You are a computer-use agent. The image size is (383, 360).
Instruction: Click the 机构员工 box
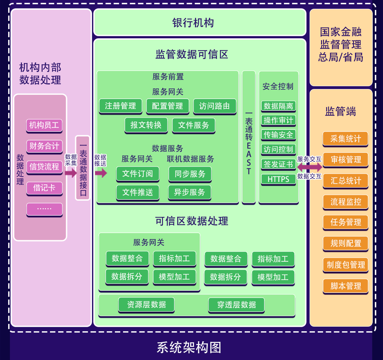point(44,125)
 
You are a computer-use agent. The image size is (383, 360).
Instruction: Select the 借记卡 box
point(44,188)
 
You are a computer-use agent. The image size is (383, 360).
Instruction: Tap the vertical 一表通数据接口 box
point(83,168)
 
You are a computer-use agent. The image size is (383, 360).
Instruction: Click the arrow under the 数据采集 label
point(71,173)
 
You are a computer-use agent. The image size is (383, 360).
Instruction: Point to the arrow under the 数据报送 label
point(101,173)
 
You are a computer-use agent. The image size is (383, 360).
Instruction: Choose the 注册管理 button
point(120,106)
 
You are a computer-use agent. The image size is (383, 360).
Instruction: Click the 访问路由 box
point(215,106)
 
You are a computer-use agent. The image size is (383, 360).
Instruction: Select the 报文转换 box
point(146,125)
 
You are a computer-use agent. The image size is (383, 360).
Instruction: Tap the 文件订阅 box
point(138,173)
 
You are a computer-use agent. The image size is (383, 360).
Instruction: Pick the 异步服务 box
point(189,192)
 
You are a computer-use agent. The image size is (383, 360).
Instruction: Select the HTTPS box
point(278,179)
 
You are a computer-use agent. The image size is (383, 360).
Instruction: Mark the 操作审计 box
point(278,120)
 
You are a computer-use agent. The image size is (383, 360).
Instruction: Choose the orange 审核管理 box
point(345,160)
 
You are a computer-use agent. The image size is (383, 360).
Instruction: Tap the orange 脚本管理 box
point(345,286)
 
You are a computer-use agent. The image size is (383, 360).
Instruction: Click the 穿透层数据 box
point(237,305)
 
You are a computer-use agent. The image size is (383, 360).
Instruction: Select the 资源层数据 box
point(146,304)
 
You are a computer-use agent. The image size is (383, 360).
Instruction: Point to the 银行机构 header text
point(193,23)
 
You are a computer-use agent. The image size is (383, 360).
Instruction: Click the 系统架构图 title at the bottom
point(189,347)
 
